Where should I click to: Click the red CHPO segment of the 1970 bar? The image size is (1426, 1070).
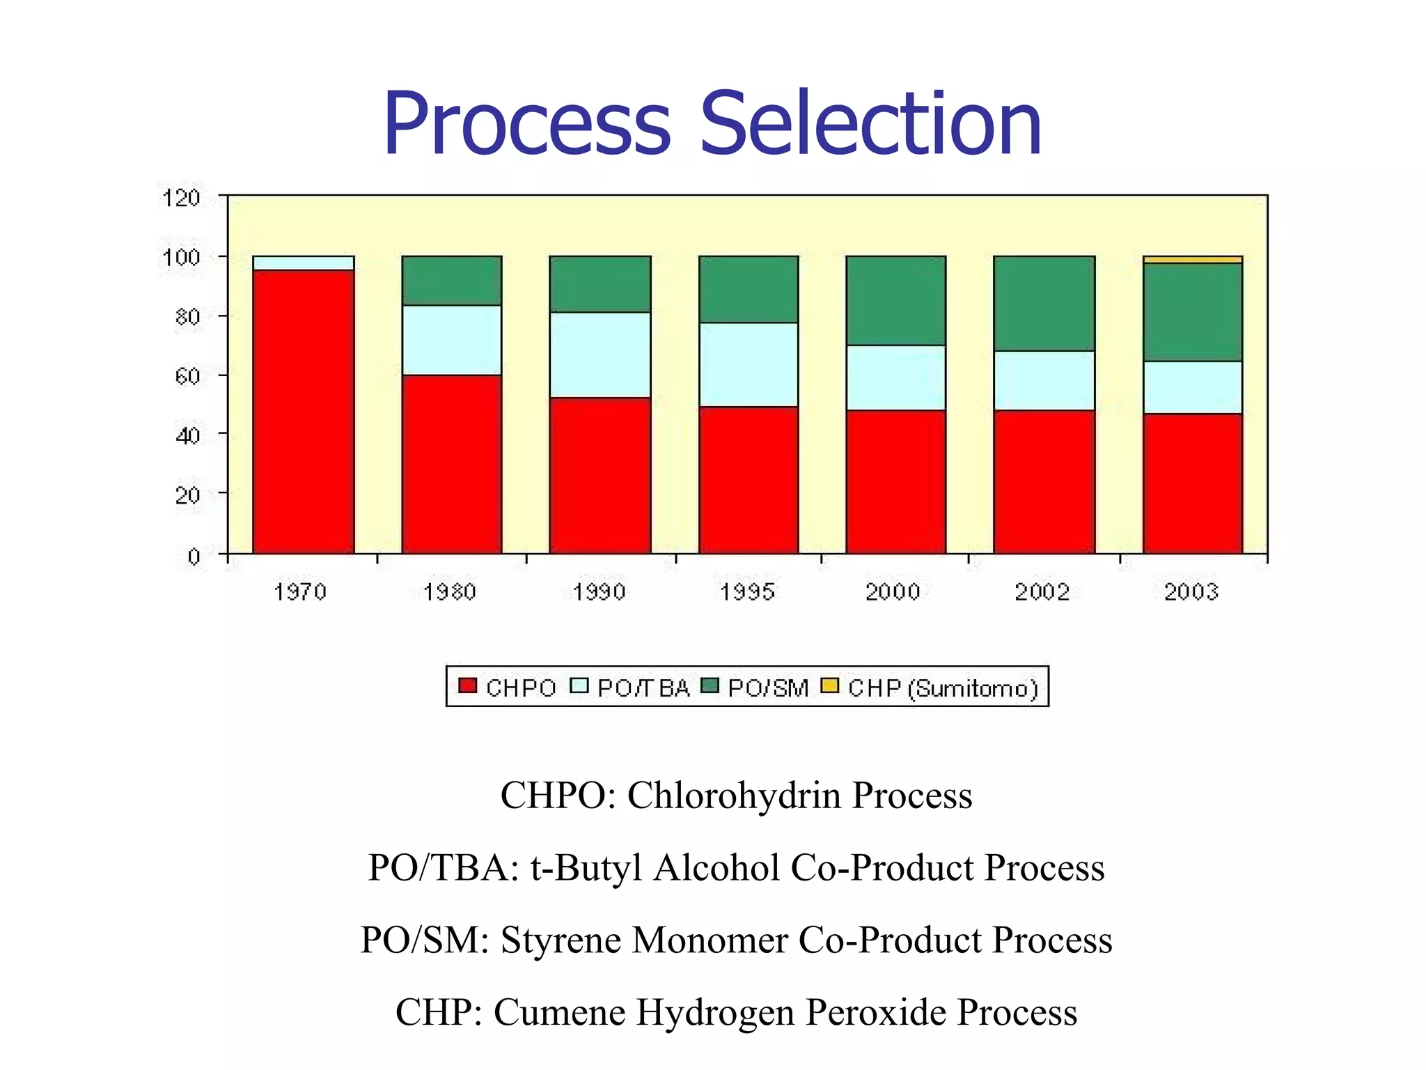(x=303, y=411)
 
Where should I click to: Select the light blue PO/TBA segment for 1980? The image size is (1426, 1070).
(x=451, y=340)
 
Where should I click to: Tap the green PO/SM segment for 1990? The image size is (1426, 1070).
(x=600, y=284)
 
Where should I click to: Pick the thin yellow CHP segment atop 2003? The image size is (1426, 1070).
(x=1192, y=260)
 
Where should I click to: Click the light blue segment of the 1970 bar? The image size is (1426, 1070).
(x=303, y=263)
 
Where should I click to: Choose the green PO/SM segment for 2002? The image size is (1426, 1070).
(x=1044, y=303)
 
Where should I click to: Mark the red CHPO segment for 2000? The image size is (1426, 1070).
(x=895, y=481)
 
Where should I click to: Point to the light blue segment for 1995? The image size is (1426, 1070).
(x=749, y=364)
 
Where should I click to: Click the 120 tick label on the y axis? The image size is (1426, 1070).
(x=181, y=198)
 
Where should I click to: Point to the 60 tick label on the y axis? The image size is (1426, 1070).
(x=187, y=376)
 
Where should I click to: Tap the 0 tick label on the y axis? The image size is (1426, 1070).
(x=194, y=556)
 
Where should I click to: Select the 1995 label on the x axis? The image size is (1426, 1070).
(x=747, y=591)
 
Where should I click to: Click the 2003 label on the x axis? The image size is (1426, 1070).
(x=1191, y=591)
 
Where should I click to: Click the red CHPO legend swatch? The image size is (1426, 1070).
(x=467, y=685)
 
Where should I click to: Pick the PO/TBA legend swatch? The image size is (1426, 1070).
(x=579, y=685)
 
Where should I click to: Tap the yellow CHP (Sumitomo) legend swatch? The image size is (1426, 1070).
(x=829, y=685)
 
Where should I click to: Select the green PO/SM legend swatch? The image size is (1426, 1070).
(x=710, y=685)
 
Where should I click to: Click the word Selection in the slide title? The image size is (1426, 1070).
(x=870, y=124)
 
